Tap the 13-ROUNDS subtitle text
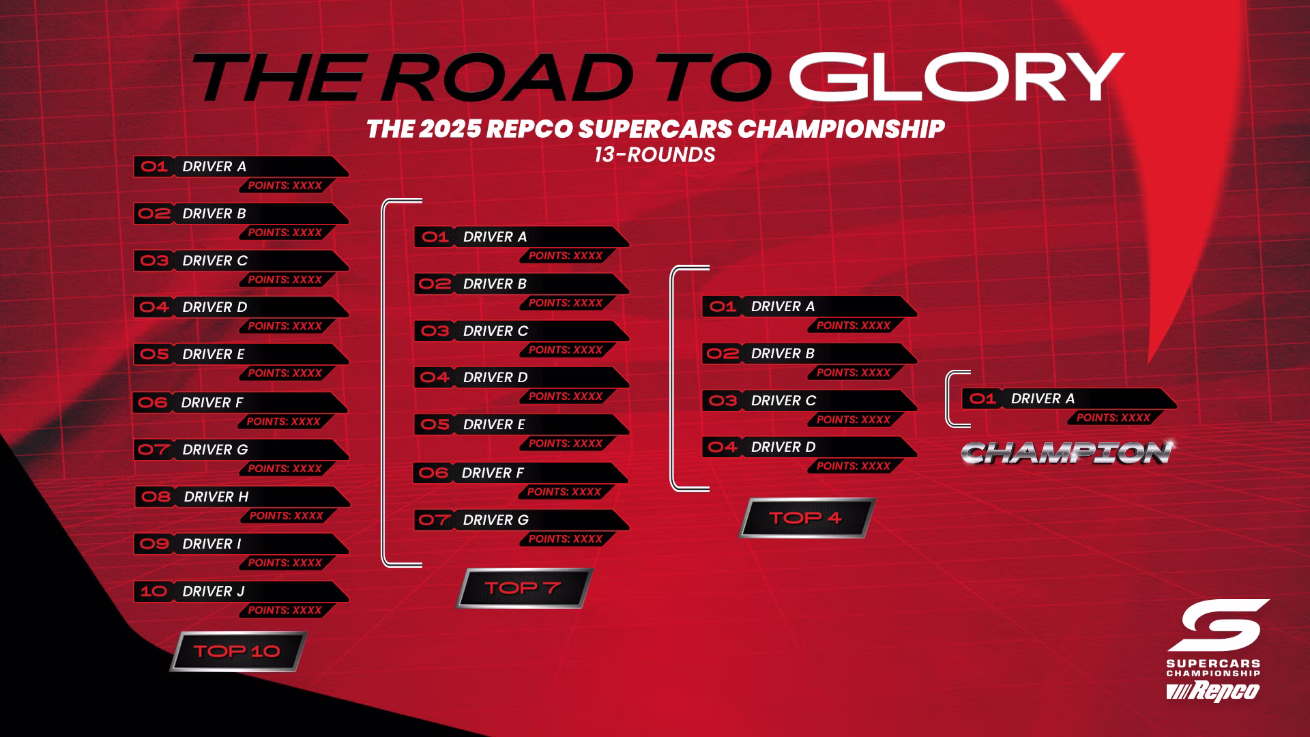click(x=654, y=155)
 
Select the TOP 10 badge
click(x=237, y=651)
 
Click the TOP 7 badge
click(x=523, y=588)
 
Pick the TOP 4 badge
click(x=806, y=518)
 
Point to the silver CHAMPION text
click(x=1068, y=452)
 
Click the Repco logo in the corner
click(x=1212, y=691)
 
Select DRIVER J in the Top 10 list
click(x=214, y=592)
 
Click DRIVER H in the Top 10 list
click(x=216, y=497)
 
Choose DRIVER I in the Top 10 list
click(x=212, y=544)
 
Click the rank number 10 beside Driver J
click(x=154, y=591)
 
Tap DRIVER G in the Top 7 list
click(x=496, y=520)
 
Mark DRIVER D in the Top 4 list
click(x=783, y=447)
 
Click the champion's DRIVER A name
click(x=1043, y=399)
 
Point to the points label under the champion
click(x=1113, y=418)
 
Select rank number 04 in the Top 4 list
click(x=723, y=447)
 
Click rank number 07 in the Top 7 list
click(x=435, y=520)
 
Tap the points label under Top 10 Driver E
click(x=285, y=373)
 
